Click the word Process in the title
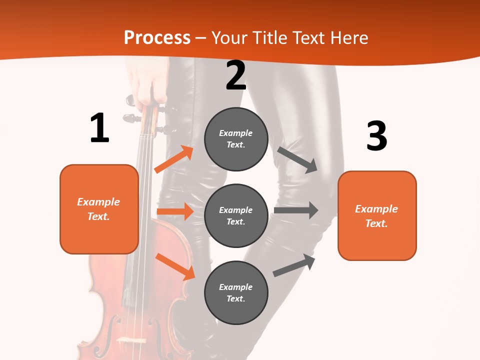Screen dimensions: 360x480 coord(157,38)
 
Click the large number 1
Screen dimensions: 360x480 coord(99,128)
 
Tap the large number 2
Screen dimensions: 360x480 coord(236,75)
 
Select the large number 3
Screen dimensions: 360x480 coord(376,136)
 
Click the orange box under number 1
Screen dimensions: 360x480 coord(99,209)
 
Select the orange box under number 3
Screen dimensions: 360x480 coord(377,215)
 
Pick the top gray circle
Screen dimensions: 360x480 coord(236,139)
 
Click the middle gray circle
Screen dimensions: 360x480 coord(236,215)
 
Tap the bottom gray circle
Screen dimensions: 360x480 coord(236,292)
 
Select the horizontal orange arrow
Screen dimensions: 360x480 coord(175,211)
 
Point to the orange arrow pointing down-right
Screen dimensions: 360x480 coord(175,266)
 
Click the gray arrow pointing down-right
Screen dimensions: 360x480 coord(297,159)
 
